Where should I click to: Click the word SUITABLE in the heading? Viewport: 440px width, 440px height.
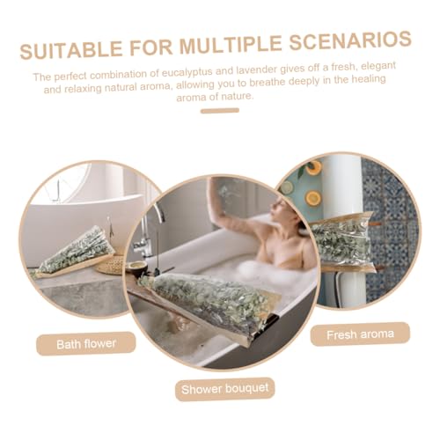tap(71, 50)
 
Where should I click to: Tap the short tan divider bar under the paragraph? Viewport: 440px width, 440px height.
tap(220, 111)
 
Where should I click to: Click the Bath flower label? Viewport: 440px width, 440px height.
tap(86, 344)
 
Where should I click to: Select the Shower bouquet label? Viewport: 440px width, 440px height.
tap(225, 389)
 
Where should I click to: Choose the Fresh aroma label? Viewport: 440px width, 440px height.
tap(360, 334)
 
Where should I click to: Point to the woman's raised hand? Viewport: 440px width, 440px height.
tap(216, 187)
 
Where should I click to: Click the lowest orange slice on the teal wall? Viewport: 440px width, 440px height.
tap(313, 198)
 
